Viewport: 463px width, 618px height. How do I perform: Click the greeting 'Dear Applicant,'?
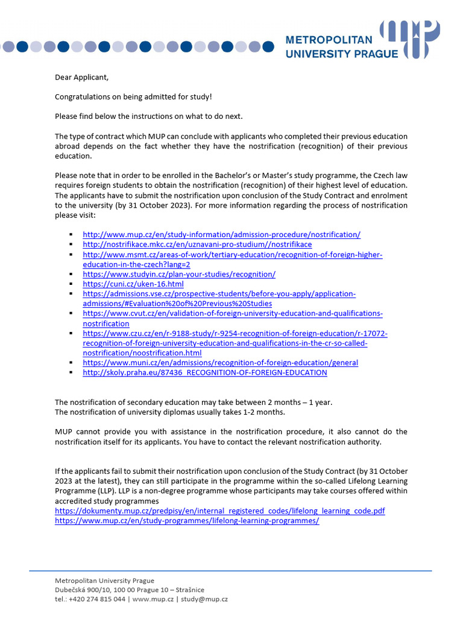coord(83,77)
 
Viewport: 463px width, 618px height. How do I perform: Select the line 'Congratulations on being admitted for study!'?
coord(133,97)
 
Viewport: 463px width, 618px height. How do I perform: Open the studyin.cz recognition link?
coord(179,274)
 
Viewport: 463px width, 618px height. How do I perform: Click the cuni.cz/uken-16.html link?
coord(133,284)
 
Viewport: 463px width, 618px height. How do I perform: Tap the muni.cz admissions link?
coord(220,363)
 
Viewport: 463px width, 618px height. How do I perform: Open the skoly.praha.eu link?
coord(205,372)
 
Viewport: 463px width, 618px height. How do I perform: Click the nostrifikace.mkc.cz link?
coord(197,244)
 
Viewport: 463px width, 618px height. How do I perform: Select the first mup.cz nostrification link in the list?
coord(221,234)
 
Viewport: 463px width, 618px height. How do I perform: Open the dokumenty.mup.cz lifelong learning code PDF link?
coord(219,511)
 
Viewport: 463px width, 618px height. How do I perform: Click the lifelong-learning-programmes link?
coord(187,520)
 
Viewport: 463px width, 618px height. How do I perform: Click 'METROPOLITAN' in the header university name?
coord(337,40)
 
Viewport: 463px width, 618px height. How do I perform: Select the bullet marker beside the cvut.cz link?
coord(71,314)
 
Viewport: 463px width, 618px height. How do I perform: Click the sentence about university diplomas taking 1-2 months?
coord(170,412)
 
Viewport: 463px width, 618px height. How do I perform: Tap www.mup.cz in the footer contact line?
coord(153,599)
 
